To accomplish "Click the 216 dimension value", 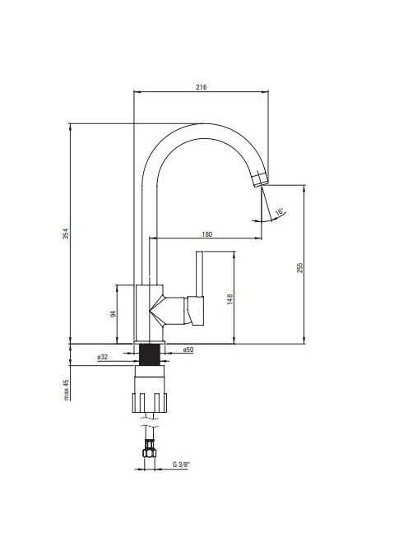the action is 201,87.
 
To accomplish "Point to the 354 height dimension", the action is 66,234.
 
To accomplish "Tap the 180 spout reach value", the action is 207,234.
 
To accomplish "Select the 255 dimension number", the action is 300,267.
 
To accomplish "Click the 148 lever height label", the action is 229,299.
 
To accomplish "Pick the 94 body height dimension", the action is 113,314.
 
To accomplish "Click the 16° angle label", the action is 280,211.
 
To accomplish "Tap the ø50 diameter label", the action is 188,349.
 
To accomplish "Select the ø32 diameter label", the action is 103,357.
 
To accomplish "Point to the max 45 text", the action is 66,390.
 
